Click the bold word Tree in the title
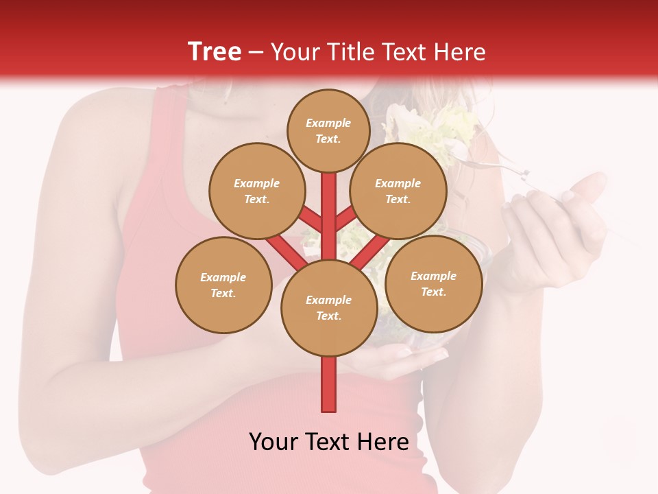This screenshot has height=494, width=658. point(215,51)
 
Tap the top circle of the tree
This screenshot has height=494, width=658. point(328,130)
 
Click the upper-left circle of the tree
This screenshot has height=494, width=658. point(257,191)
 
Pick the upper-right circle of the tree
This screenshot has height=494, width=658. point(398,191)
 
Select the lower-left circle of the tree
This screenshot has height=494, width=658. point(223,285)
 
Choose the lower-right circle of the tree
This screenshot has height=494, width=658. point(433,283)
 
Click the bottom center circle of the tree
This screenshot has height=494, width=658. point(328,308)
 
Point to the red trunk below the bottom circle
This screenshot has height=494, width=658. point(328,384)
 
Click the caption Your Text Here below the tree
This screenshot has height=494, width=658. point(328,441)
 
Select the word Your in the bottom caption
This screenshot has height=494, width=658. point(274,441)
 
